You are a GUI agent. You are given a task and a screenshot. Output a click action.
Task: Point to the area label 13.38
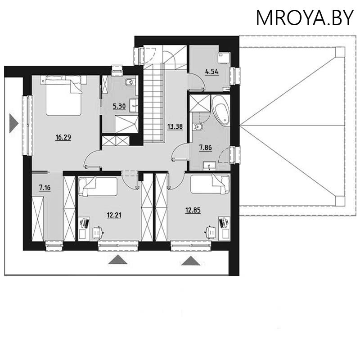pyautogui.click(x=175, y=126)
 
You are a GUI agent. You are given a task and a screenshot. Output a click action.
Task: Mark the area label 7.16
pyautogui.click(x=45, y=188)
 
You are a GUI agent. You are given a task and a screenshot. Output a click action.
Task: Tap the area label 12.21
pyautogui.click(x=114, y=215)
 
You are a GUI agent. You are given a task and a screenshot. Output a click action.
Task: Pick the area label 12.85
pyautogui.click(x=193, y=209)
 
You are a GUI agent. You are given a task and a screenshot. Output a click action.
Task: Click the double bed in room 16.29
pyautogui.click(x=63, y=95)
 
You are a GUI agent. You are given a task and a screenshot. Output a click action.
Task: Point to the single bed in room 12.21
pyautogui.click(x=98, y=186)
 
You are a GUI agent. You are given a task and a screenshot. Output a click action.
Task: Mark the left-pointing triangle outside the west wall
pyautogui.click(x=13, y=122)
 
